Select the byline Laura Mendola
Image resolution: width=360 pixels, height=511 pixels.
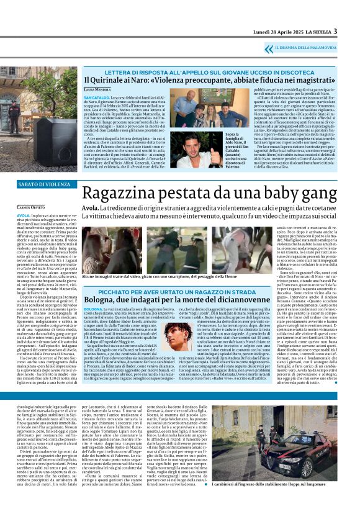pyautogui.click(x=97, y=90)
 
